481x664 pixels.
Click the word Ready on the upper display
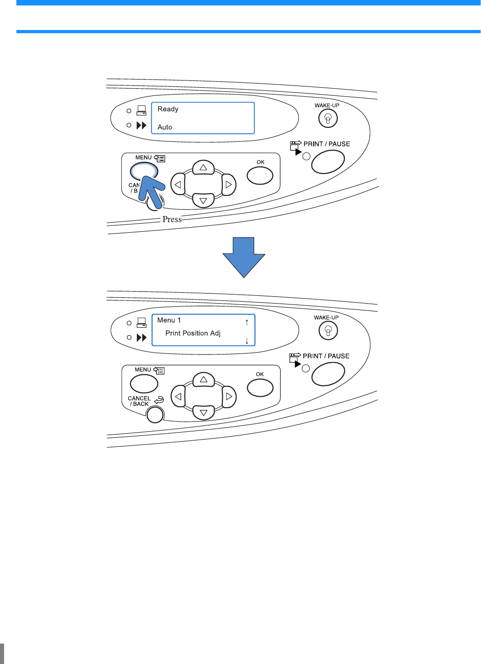pyautogui.click(x=168, y=109)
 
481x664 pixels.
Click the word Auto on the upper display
pyautogui.click(x=165, y=127)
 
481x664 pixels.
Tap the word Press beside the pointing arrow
pyautogui.click(x=172, y=220)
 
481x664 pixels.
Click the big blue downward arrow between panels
pyautogui.click(x=244, y=257)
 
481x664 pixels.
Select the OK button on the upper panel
pyautogui.click(x=260, y=175)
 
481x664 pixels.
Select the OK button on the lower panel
pyautogui.click(x=260, y=388)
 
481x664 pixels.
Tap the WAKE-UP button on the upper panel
pyautogui.click(x=328, y=119)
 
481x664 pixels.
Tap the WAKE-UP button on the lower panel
pyautogui.click(x=328, y=330)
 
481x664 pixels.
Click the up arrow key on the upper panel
pyautogui.click(x=203, y=168)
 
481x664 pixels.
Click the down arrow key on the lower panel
pyautogui.click(x=203, y=412)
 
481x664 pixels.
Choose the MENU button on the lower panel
pyautogui.click(x=144, y=384)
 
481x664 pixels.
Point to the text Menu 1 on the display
pyautogui.click(x=169, y=320)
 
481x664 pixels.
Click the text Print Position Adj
pyautogui.click(x=193, y=333)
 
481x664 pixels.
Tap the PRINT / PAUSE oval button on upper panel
pyautogui.click(x=328, y=161)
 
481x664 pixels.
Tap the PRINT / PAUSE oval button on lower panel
pyautogui.click(x=328, y=374)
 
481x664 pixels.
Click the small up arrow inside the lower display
pyautogui.click(x=247, y=322)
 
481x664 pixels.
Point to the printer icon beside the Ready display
pyautogui.click(x=141, y=110)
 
